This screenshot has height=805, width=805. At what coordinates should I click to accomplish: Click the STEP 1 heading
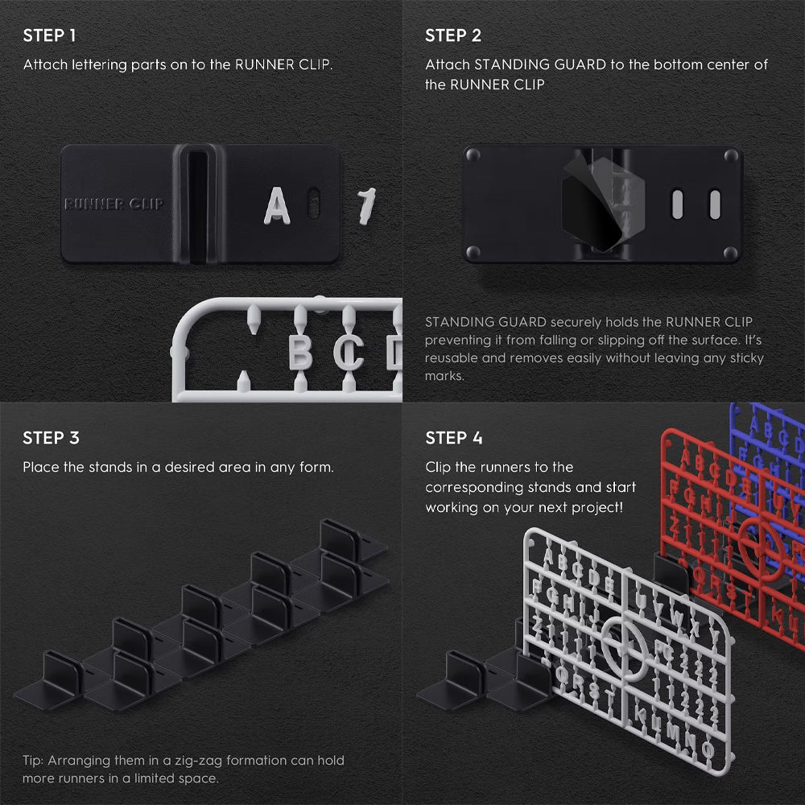(x=49, y=35)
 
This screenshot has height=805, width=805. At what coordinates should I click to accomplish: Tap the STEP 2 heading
(x=453, y=35)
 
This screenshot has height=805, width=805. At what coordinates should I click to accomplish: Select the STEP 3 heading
(x=51, y=438)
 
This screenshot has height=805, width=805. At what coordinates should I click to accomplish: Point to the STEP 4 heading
(x=454, y=438)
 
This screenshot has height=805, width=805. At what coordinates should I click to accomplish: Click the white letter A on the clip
(x=277, y=205)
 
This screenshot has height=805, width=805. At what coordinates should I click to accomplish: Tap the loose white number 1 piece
(x=366, y=206)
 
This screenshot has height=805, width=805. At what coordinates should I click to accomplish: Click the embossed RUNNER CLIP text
(x=114, y=204)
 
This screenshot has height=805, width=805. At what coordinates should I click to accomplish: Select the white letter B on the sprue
(x=300, y=352)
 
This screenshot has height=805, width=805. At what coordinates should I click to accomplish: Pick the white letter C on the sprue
(x=349, y=353)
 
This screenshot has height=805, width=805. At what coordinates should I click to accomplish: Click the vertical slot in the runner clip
(x=197, y=204)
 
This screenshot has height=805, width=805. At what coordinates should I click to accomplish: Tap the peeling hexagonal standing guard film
(x=603, y=204)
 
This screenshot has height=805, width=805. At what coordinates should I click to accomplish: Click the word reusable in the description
(x=448, y=358)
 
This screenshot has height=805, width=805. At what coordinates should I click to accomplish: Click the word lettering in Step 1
(x=99, y=65)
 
